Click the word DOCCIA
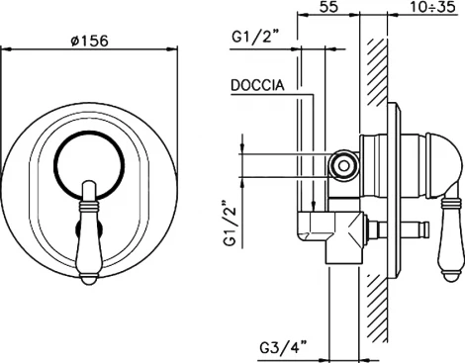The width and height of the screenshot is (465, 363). coord(259,86)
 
